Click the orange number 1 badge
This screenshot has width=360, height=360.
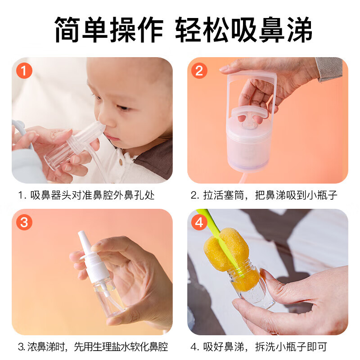click(24, 71)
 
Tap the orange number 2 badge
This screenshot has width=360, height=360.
click(199, 71)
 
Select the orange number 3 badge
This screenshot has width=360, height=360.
click(24, 222)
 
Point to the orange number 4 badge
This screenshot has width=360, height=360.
click(199, 222)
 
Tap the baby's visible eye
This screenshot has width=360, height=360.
click(124, 108)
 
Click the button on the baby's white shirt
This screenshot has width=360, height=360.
click(121, 162)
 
